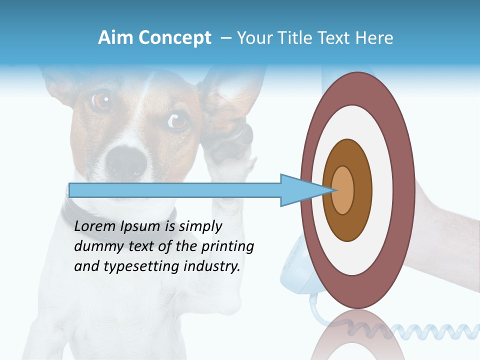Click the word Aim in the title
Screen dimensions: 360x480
[x=115, y=38]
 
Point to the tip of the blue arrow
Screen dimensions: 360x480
[x=333, y=190]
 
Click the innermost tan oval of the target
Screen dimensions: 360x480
[x=343, y=190]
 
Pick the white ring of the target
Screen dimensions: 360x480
[x=385, y=190]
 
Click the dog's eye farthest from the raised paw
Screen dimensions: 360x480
[x=101, y=100]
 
